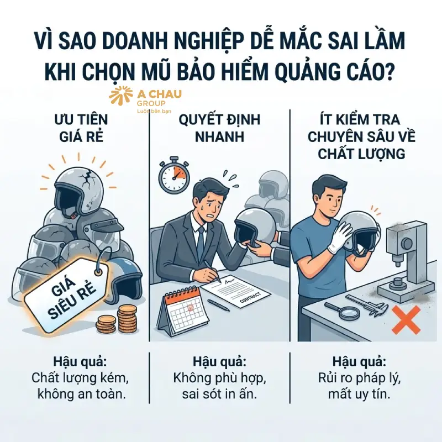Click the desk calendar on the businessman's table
pos(182,312)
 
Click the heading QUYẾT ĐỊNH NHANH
pos(220,128)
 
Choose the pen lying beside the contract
pos(219,306)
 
